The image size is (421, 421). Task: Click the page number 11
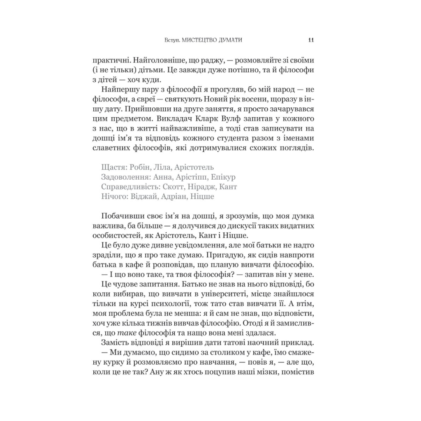pyautogui.click(x=311, y=40)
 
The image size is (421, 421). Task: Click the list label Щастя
pyautogui.click(x=113, y=168)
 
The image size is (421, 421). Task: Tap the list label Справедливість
pyautogui.click(x=129, y=187)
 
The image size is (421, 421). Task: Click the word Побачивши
pyautogui.click(x=119, y=217)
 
